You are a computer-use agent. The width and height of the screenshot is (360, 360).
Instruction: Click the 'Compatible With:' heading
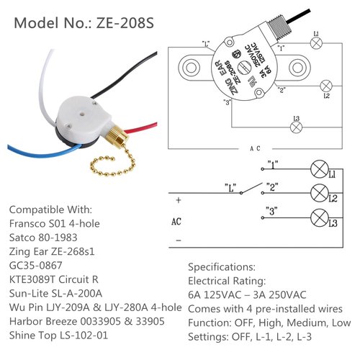(50, 210)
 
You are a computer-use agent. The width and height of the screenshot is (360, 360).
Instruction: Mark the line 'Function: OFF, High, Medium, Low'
(268, 321)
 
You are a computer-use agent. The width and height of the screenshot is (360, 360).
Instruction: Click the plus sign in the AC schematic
(177, 202)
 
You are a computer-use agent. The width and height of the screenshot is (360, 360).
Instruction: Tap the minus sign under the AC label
(177, 240)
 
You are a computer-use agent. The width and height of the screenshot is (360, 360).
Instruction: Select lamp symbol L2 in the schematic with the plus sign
(316, 193)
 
